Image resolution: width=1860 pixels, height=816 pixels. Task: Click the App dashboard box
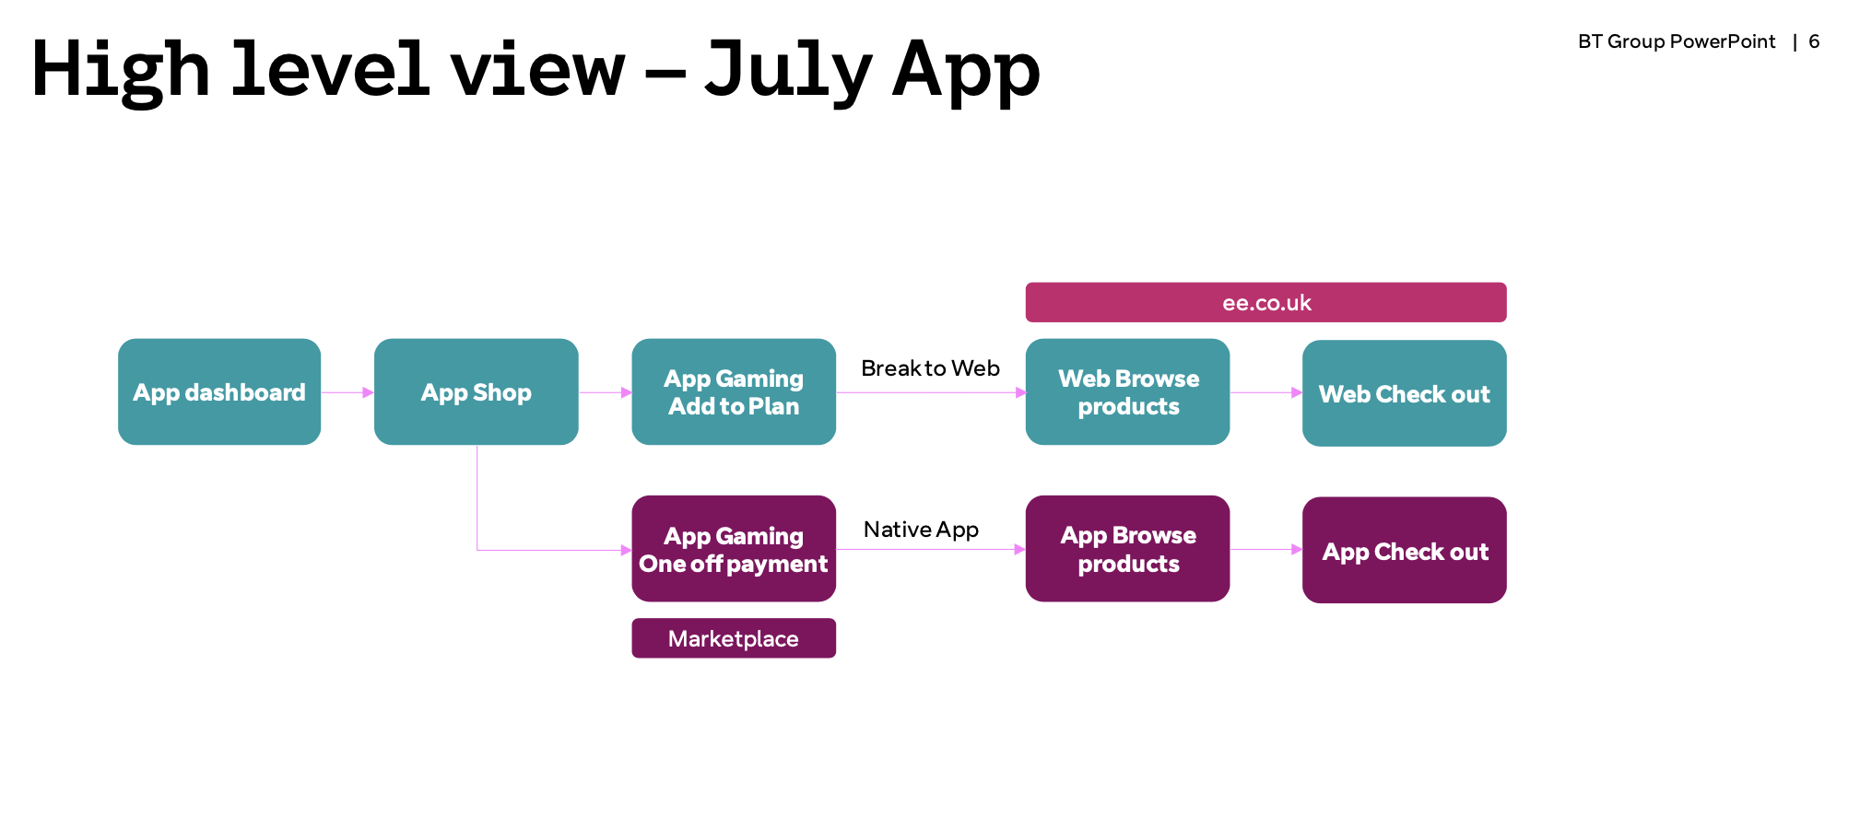[219, 391]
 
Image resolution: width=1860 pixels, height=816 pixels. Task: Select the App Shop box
[477, 391]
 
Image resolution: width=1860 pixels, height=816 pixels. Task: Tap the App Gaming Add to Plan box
[734, 391]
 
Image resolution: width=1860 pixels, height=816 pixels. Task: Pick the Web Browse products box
[1127, 391]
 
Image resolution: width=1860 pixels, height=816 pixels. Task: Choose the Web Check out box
[1405, 393]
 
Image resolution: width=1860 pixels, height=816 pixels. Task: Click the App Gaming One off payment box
[734, 549]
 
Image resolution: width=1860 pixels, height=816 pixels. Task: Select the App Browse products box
[1127, 549]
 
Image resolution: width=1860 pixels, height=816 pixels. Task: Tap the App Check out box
[1405, 550]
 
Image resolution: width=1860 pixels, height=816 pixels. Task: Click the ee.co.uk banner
[1266, 302]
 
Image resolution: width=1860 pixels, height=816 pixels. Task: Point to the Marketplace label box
[734, 638]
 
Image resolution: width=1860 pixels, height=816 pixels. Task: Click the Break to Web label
[930, 368]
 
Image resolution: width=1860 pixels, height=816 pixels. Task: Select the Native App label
[921, 530]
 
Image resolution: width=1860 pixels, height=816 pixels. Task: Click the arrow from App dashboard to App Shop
[347, 392]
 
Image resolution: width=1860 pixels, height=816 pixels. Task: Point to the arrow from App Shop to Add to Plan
[605, 392]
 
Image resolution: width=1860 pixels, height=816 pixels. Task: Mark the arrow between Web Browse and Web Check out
[1266, 392]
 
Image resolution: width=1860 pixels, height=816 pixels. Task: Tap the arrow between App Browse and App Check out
[1266, 550]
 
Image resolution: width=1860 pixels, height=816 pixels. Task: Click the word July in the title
[788, 72]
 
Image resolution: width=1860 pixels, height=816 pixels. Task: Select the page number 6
[1814, 41]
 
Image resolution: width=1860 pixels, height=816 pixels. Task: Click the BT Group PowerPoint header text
[1677, 41]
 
